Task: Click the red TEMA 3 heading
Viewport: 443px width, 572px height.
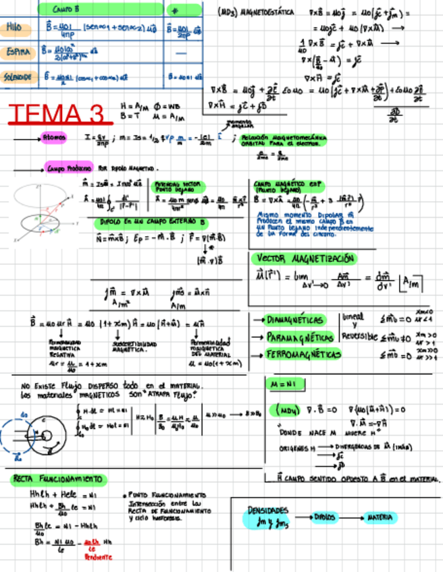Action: pos(60,113)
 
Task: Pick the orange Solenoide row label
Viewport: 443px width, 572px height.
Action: pos(18,77)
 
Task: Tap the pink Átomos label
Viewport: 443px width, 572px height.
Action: pos(54,138)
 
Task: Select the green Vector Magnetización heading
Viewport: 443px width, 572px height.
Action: pos(306,258)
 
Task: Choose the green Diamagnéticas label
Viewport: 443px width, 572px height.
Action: pos(295,320)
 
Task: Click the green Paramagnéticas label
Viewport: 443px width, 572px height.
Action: pos(300,337)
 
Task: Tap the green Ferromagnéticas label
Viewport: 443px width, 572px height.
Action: pos(300,354)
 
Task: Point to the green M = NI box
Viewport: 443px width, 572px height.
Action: pos(283,384)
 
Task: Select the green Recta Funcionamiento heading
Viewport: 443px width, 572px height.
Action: pos(58,479)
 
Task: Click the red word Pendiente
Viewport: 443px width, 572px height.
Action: pos(99,557)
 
